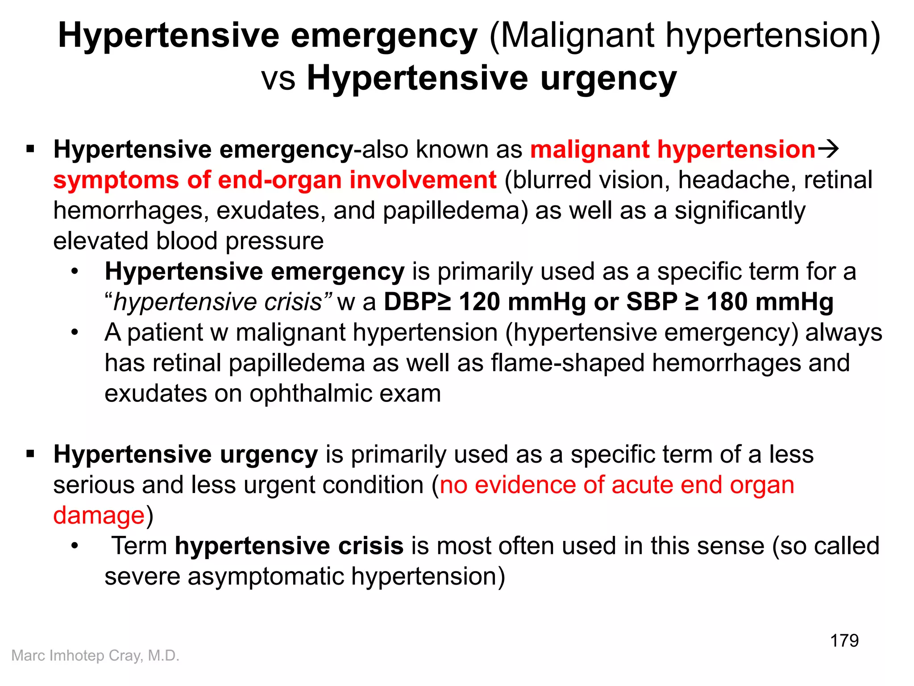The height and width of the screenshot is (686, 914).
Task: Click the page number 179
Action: click(844, 640)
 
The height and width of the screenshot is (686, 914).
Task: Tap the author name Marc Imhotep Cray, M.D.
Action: click(95, 656)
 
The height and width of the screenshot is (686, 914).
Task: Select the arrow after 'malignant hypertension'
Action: click(828, 149)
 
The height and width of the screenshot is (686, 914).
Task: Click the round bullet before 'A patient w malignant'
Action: click(75, 332)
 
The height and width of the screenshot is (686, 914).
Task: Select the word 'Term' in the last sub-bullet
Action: click(139, 546)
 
